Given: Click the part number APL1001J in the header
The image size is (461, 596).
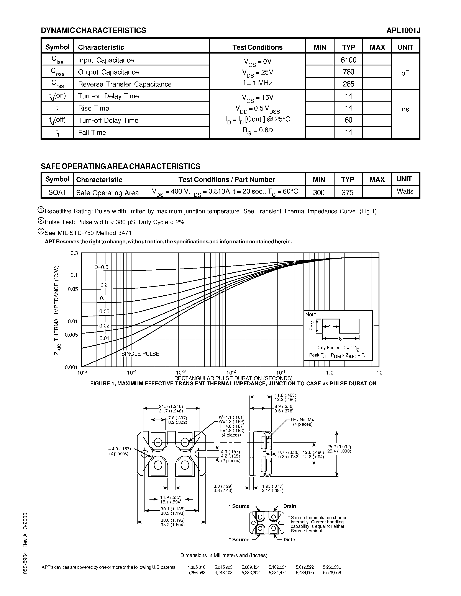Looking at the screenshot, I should point(403,31).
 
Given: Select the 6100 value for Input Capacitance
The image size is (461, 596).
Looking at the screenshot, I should point(348,60).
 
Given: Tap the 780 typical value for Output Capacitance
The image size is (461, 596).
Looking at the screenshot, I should point(348,72).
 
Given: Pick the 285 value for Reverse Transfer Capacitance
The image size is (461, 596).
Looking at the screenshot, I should point(348,84).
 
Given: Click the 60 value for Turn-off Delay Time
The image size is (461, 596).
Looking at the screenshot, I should point(348,120).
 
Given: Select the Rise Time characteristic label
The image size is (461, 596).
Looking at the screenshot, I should point(94,108).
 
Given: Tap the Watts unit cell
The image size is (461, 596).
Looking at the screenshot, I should point(405,191).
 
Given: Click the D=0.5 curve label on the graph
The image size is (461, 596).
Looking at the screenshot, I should point(101,267).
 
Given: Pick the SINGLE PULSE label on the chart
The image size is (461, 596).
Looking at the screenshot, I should point(140,354).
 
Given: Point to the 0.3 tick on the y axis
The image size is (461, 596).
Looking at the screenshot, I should point(74,253).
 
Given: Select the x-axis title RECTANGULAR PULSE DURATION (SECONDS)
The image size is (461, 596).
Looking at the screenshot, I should point(233,378).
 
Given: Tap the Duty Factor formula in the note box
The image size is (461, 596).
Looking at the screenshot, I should point(338,348).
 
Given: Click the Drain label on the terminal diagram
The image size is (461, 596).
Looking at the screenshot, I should point(289,506).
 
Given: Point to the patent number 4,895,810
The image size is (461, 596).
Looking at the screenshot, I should point(196,567).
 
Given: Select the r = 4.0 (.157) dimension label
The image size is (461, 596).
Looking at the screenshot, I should point(118,449).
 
